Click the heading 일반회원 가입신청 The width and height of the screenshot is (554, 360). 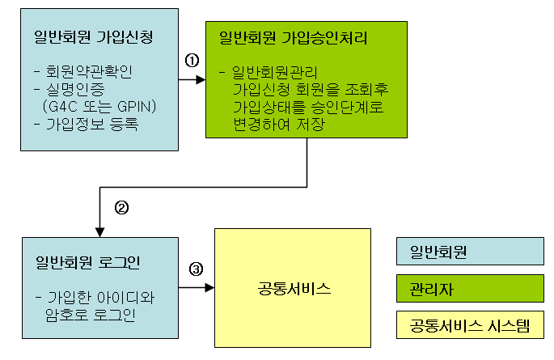pos(94,37)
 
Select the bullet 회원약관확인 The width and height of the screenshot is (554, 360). pos(94,71)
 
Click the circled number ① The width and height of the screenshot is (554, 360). pos(192,61)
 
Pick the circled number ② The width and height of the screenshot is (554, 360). pos(121,207)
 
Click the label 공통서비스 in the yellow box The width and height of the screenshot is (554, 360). pos(292,289)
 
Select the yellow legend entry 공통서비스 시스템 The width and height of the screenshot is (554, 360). pos(469,325)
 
